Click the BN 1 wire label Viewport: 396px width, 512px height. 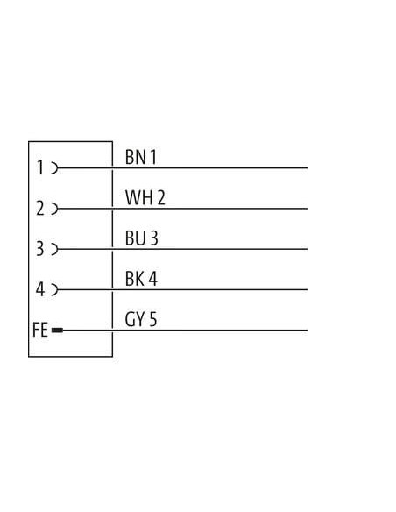141,157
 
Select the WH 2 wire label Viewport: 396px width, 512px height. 145,197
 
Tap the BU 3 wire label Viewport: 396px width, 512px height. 142,238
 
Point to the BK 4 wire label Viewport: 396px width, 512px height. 141,279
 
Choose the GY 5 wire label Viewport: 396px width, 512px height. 141,319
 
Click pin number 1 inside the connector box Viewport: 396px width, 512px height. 40,167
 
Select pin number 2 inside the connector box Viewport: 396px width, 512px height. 39,208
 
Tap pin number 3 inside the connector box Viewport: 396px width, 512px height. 39,248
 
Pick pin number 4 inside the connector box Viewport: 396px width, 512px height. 39,289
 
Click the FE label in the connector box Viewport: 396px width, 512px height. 40,330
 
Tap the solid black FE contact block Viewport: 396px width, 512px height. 57,331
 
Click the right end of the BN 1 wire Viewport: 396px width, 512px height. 308,168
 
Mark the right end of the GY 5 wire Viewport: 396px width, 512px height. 308,331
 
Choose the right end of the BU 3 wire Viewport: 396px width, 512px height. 308,249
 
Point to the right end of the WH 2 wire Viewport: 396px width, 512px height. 308,209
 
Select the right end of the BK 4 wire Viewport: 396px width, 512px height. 308,289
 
